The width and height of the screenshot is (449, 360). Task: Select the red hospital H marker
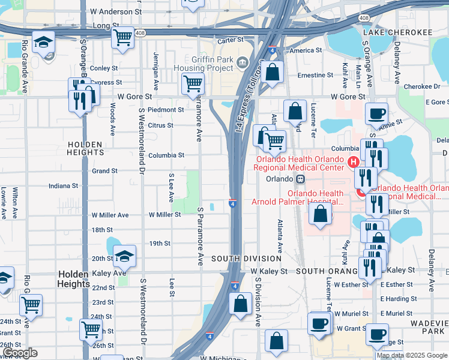(354, 161)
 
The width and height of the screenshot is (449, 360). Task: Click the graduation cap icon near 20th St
(124, 257)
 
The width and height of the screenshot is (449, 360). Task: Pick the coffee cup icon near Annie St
(376, 114)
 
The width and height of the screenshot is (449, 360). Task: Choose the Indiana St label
(64, 186)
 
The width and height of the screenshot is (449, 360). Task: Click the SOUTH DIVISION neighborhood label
(246, 258)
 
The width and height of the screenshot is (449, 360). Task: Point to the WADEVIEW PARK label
(427, 327)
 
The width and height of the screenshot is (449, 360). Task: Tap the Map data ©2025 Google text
(412, 355)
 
